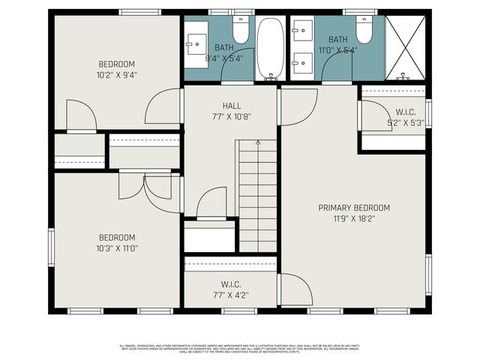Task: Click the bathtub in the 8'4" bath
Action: click(x=270, y=49)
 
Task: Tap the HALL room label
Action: click(x=231, y=106)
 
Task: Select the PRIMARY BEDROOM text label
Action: click(x=354, y=208)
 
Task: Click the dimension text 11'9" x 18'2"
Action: click(x=354, y=219)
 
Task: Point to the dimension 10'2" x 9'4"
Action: click(x=116, y=75)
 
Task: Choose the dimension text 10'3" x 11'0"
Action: click(x=117, y=248)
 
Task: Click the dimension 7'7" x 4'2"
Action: click(x=230, y=295)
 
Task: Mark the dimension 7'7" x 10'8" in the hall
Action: click(x=231, y=116)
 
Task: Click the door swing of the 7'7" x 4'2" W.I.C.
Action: click(x=295, y=289)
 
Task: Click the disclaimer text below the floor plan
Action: click(x=240, y=349)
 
